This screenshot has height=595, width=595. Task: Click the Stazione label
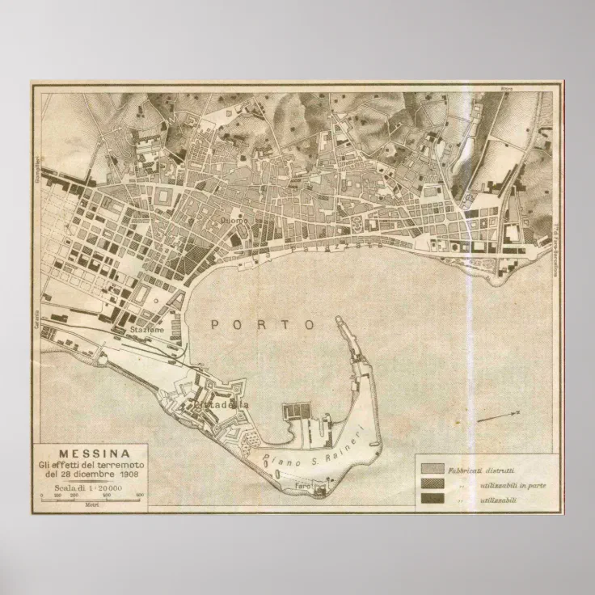(x=148, y=331)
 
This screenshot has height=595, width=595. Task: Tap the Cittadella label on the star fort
(x=221, y=403)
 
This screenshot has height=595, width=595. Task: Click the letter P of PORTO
(x=216, y=324)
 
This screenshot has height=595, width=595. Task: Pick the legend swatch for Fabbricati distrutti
(x=431, y=468)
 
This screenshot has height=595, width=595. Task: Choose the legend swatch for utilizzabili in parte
(x=431, y=483)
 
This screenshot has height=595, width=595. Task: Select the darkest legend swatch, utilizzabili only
(x=431, y=498)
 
